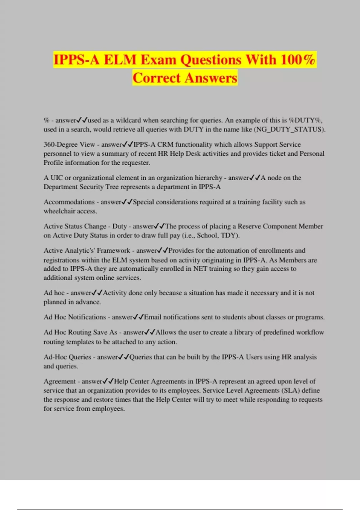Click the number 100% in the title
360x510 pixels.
tap(298, 59)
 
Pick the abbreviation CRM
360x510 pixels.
tap(165, 144)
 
